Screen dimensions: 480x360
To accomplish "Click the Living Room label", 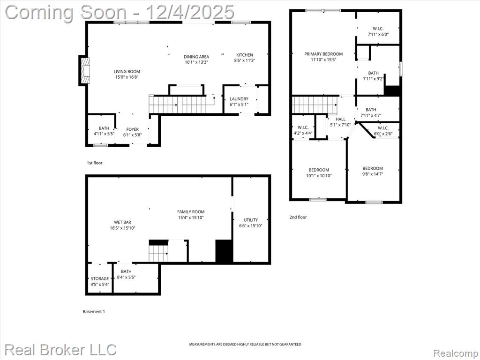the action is point(127,72).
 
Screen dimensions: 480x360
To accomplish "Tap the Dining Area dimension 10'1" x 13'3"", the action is point(196,62).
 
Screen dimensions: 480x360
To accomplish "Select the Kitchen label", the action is point(245,55).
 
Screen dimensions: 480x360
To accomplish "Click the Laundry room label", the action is point(239,99).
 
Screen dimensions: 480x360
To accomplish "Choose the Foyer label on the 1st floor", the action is point(133,129).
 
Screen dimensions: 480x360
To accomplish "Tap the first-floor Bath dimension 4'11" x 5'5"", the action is point(104,134).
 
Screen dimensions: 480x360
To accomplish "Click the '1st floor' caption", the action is point(95,163).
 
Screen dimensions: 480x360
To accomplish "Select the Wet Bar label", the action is point(122,222).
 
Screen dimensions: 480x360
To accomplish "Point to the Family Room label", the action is point(191,211).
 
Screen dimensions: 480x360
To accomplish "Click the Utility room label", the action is point(251,220).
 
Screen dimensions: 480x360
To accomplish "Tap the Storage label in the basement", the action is point(100,278).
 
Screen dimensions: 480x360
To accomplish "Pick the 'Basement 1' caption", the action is point(94,311).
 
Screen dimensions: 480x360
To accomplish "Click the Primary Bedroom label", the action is point(323,54).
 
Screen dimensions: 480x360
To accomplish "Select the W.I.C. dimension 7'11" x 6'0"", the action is point(378,34).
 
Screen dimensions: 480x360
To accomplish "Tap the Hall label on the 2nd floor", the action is point(340,119).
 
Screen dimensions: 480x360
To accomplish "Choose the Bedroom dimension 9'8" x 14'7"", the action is point(373,174).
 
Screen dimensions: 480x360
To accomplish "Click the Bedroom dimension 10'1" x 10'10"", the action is point(319,176).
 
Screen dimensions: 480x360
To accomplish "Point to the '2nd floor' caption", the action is point(298,217).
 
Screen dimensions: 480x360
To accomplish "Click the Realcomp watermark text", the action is point(455,353).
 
